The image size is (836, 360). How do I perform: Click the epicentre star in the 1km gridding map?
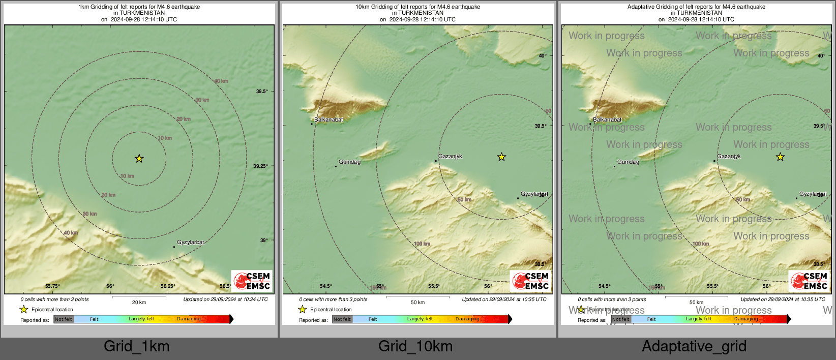click(x=139, y=159)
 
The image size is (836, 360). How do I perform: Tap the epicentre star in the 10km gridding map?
click(x=501, y=157)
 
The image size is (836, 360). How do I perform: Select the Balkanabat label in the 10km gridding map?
click(x=329, y=120)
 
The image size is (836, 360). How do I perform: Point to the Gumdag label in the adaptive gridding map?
click(x=628, y=162)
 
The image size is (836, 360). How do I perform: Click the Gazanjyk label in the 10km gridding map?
click(x=450, y=157)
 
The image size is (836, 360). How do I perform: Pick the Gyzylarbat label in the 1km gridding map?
click(x=190, y=243)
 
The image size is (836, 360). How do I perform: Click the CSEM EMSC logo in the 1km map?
click(x=252, y=281)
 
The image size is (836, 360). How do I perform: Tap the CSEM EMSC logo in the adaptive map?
click(x=809, y=281)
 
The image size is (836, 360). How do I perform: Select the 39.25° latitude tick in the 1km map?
click(x=260, y=166)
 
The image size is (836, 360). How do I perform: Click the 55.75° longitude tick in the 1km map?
click(x=52, y=286)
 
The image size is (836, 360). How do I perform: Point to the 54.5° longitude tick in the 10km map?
click(x=326, y=286)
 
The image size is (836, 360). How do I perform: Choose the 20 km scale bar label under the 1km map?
click(x=139, y=303)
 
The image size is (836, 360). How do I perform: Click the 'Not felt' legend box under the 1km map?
click(x=64, y=319)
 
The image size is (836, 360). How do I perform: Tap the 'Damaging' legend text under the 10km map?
click(x=467, y=319)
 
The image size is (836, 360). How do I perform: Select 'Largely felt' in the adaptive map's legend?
click(x=699, y=319)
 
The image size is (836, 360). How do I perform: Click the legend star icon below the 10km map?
click(x=303, y=309)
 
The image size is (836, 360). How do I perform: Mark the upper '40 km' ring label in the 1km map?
click(x=221, y=81)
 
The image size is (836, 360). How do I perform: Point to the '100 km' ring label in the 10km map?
click(x=422, y=244)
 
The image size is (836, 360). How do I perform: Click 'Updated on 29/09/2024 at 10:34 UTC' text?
click(x=225, y=299)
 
